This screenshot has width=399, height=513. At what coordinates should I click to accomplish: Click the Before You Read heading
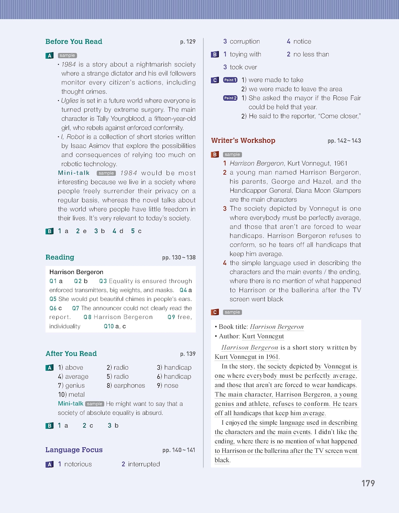click(x=74, y=42)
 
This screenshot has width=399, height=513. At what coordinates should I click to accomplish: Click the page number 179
click(x=368, y=483)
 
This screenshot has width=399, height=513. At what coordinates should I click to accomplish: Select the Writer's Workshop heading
click(x=243, y=141)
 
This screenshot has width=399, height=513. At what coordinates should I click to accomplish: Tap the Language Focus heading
click(x=74, y=450)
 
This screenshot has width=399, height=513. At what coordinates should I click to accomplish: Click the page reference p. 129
click(x=188, y=42)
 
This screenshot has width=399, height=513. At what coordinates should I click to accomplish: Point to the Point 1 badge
click(x=230, y=80)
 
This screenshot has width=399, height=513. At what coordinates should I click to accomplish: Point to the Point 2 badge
click(x=230, y=98)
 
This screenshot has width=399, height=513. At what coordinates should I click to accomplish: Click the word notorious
click(x=78, y=464)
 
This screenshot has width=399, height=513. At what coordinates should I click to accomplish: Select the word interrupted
click(x=144, y=464)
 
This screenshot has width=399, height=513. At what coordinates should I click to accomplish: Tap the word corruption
click(x=245, y=42)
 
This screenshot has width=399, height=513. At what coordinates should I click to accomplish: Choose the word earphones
click(x=129, y=386)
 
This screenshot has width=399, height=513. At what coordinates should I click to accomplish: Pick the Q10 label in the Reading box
click(x=109, y=326)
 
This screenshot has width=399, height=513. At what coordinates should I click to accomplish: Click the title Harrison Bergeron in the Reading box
click(x=76, y=272)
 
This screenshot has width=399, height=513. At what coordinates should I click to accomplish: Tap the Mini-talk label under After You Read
click(x=70, y=404)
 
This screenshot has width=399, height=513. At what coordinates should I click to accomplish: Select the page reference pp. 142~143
click(x=344, y=141)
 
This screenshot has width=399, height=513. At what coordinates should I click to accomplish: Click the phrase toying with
click(x=245, y=54)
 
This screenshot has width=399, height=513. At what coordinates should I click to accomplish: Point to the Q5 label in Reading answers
click(x=53, y=299)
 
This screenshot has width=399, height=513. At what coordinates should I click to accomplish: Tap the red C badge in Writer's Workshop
click(x=215, y=312)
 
